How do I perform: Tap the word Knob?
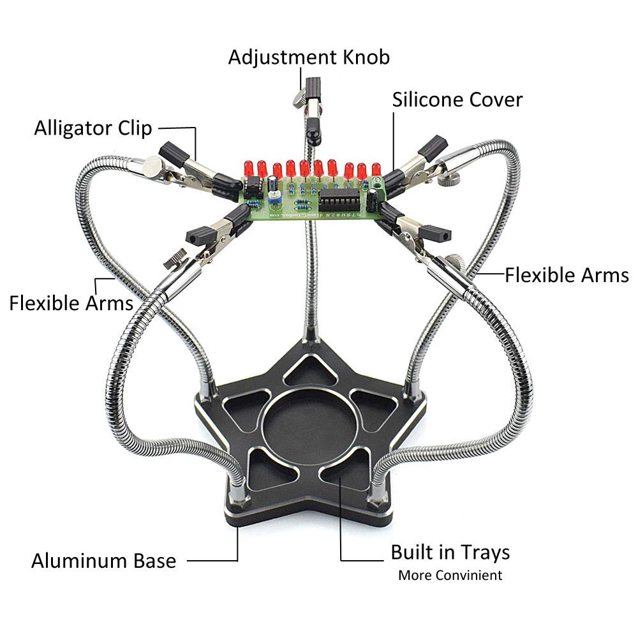pos(367,57)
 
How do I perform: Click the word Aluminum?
pos(71,561)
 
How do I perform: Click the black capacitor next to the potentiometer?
pos(272,183)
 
